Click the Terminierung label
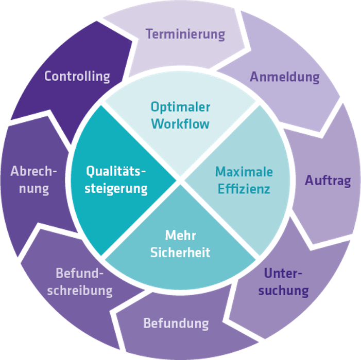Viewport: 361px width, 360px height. (x=185, y=34)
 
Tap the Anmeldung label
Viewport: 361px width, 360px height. (x=285, y=77)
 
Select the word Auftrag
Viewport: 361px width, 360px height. (x=328, y=181)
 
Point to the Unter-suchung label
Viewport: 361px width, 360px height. (x=283, y=281)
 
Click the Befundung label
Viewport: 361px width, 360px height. (x=176, y=323)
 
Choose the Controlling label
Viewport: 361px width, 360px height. (x=77, y=76)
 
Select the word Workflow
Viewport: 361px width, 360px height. (x=180, y=123)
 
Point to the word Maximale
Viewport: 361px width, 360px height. (x=244, y=171)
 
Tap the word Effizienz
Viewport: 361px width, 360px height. (x=244, y=189)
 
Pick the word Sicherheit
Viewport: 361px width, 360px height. (x=180, y=253)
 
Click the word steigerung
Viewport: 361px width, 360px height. (x=116, y=188)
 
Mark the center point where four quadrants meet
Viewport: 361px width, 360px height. (x=180, y=180)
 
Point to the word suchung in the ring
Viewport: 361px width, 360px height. (x=283, y=290)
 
